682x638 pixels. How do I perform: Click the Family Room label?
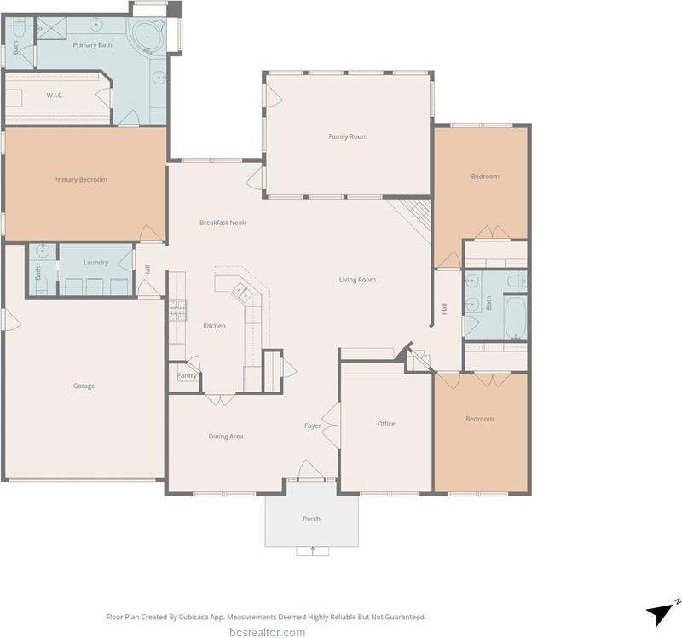(x=348, y=136)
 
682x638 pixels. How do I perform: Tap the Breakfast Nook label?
(x=223, y=223)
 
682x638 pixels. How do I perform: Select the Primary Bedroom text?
(x=80, y=180)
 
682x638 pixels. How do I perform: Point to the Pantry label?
(x=187, y=375)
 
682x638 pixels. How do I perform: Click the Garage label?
(x=84, y=386)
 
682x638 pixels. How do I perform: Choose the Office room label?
(x=386, y=424)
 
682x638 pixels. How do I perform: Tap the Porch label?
(x=312, y=519)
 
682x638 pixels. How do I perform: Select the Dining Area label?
(x=226, y=437)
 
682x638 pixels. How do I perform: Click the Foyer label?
(x=313, y=426)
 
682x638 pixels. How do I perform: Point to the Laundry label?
(x=95, y=263)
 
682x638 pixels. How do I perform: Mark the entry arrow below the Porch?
(x=312, y=551)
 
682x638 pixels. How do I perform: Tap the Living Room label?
(x=357, y=280)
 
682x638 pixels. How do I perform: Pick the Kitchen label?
(x=214, y=326)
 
